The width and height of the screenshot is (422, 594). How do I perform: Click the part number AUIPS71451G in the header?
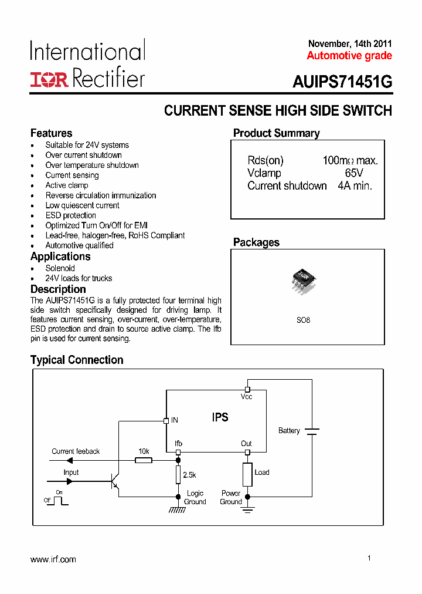[x=342, y=83]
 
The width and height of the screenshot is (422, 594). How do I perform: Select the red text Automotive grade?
[x=349, y=56]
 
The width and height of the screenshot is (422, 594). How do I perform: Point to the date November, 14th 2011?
[x=350, y=44]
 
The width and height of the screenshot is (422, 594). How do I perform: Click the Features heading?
[x=52, y=133]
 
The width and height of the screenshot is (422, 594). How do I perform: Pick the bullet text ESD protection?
[x=70, y=215]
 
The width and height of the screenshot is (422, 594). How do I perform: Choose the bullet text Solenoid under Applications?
[x=60, y=268]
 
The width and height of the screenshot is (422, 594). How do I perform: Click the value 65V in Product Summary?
[x=354, y=173]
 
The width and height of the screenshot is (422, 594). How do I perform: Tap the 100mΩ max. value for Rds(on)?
[x=350, y=160]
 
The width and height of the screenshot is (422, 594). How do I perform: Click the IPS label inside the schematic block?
[x=220, y=418]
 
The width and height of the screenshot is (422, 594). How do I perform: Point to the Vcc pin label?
[x=246, y=397]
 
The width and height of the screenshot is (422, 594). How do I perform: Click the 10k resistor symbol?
[x=144, y=461]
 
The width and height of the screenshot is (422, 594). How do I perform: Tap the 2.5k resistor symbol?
[x=178, y=474]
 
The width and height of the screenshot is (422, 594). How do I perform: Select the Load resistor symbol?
[x=247, y=474]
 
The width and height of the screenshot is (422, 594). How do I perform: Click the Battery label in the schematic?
[x=289, y=431]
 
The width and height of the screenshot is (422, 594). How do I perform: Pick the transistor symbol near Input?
[x=115, y=481]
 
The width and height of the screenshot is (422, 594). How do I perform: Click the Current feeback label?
[x=76, y=451]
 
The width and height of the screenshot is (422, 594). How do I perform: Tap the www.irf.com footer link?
[x=53, y=559]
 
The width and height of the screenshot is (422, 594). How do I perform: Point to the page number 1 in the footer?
[x=369, y=558]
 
